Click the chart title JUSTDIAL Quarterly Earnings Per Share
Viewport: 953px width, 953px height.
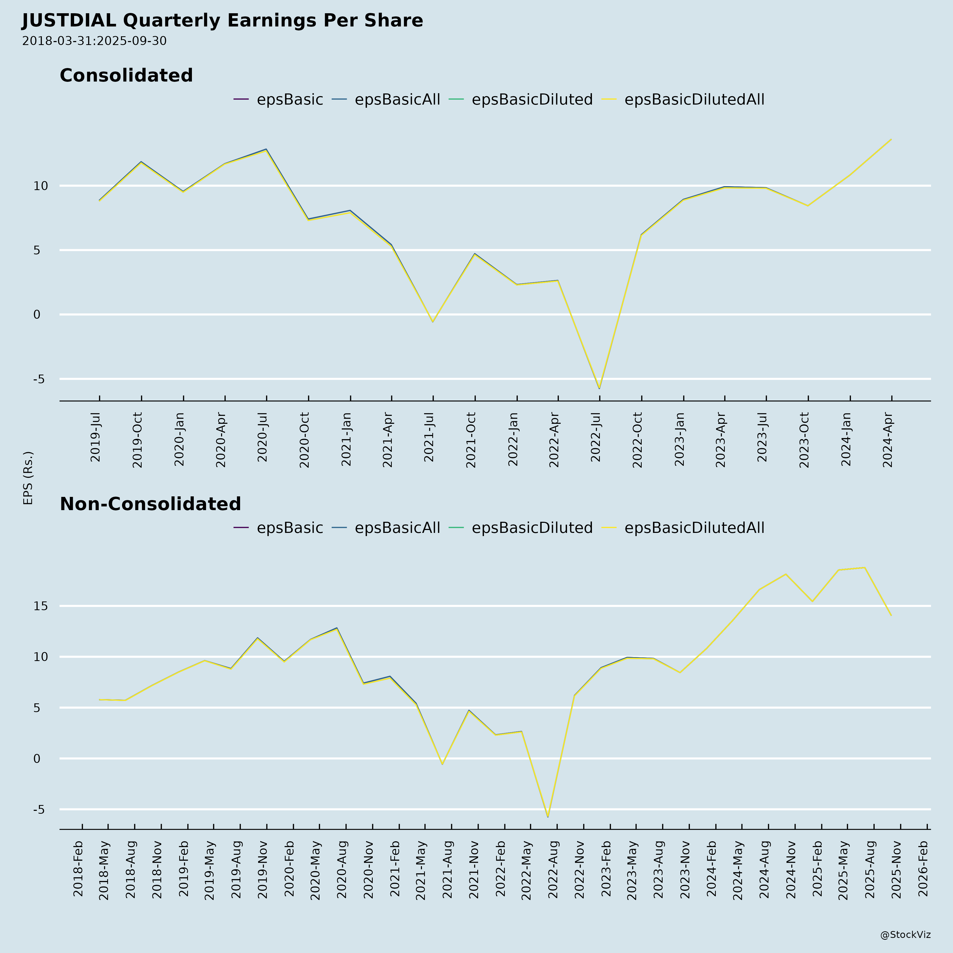pyautogui.click(x=222, y=21)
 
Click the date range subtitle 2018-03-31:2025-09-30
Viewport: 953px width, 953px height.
pyautogui.click(x=94, y=41)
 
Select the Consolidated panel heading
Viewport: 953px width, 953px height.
pyautogui.click(x=126, y=75)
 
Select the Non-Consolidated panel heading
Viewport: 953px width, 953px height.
pyautogui.click(x=150, y=504)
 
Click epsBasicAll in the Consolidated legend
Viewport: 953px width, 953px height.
pyautogui.click(x=397, y=100)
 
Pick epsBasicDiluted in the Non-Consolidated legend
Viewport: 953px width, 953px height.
pyautogui.click(x=532, y=528)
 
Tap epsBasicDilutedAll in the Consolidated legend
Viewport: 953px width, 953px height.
pyautogui.click(x=694, y=100)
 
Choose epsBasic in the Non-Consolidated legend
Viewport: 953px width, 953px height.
pyautogui.click(x=290, y=528)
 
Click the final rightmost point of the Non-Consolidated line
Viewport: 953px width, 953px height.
pyautogui.click(x=891, y=615)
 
